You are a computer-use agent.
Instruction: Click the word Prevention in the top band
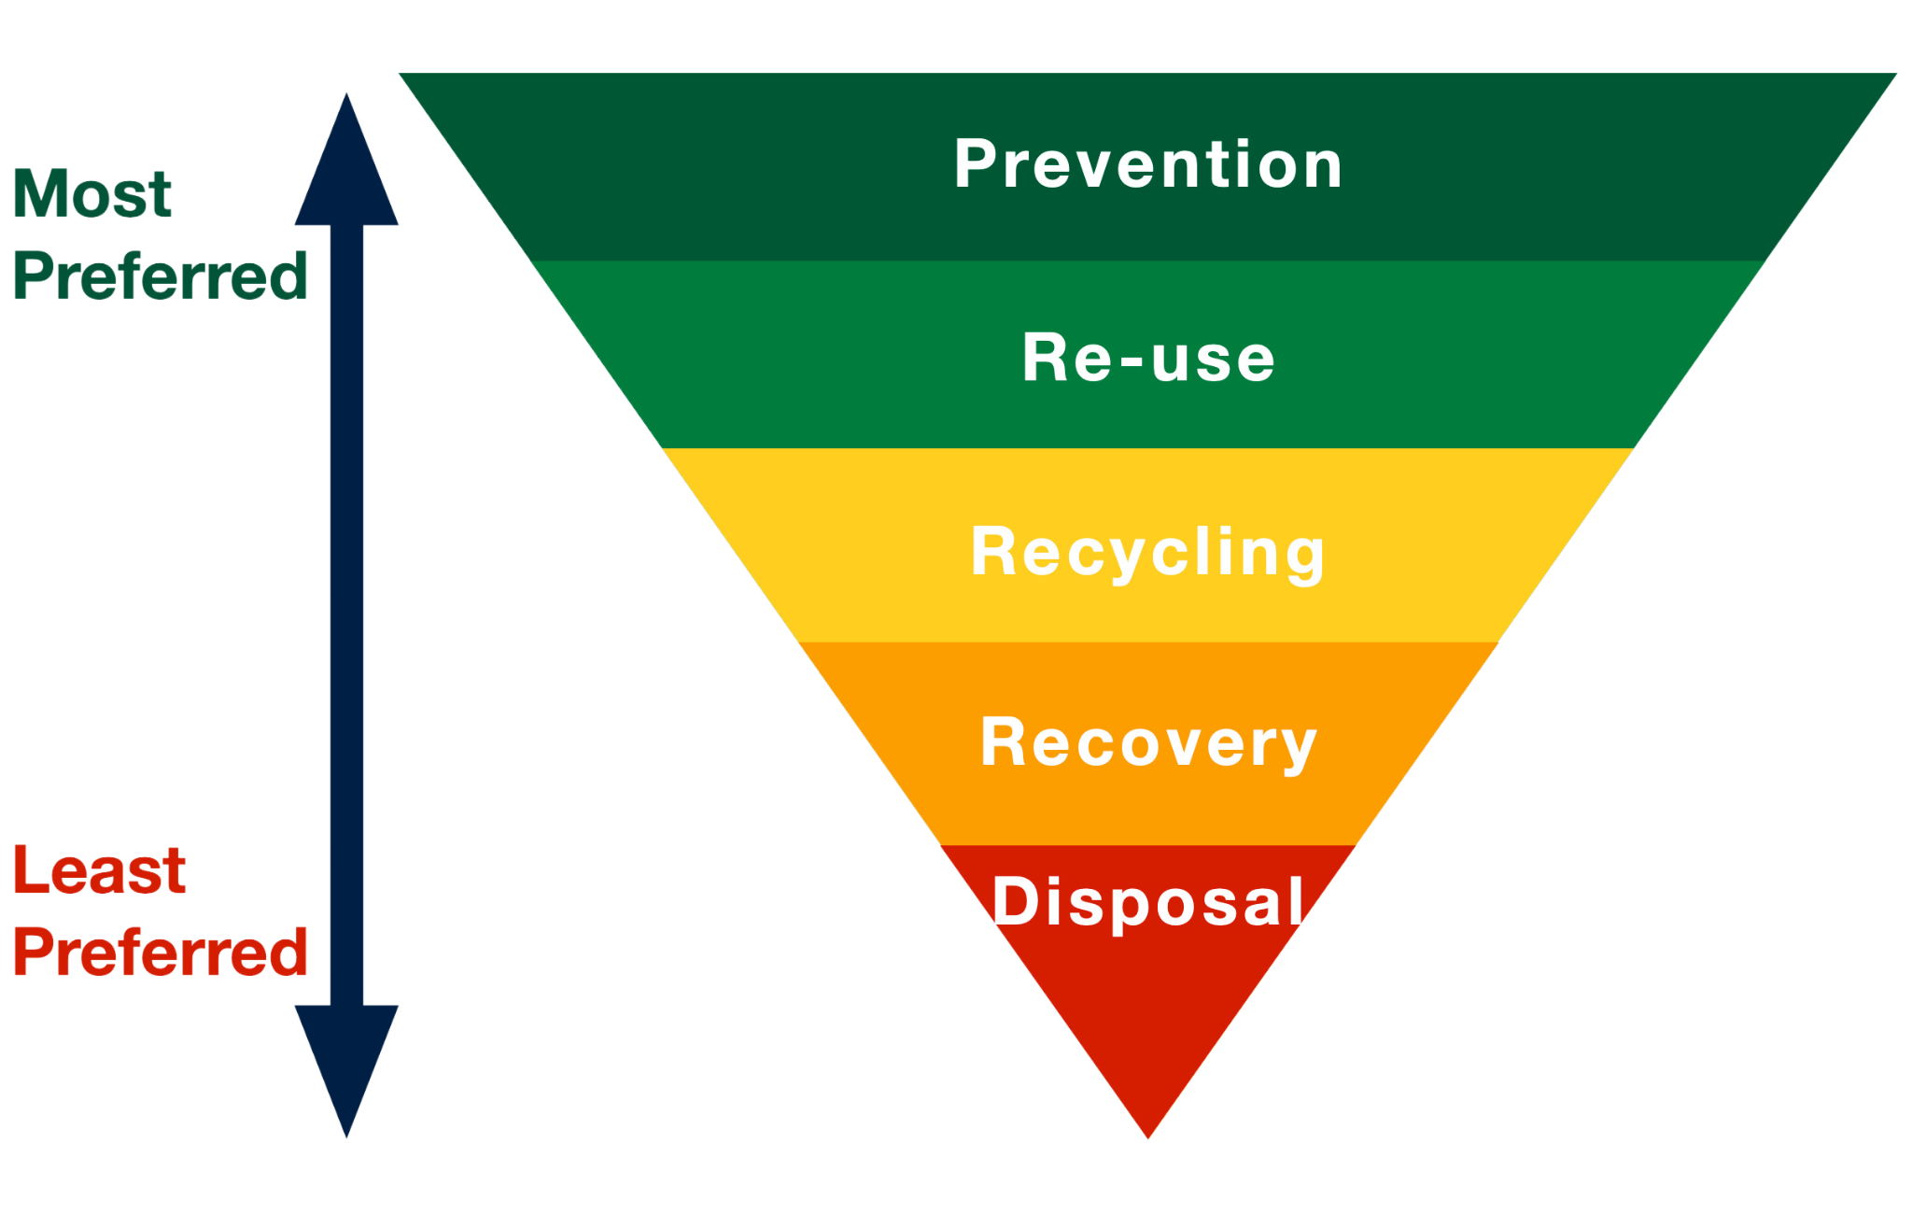[1147, 164]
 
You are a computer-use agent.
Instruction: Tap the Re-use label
[1147, 359]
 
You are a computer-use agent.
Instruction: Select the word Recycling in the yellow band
[1147, 552]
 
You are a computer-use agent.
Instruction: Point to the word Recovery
[1147, 743]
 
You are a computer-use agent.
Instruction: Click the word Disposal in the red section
[1147, 902]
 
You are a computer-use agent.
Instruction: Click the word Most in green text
[92, 195]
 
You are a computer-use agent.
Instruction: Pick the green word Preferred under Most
[160, 276]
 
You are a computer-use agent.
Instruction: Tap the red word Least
[99, 871]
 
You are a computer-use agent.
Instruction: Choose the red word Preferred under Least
[160, 953]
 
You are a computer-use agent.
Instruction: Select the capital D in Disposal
[1012, 902]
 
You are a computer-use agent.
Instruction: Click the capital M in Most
[41, 195]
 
